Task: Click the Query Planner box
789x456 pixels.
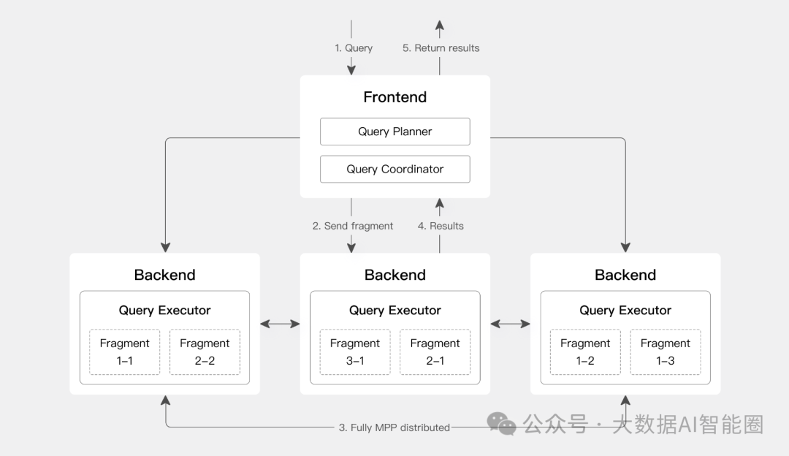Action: pyautogui.click(x=395, y=132)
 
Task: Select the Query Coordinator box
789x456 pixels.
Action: pyautogui.click(x=395, y=169)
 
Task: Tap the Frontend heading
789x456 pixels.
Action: pyautogui.click(x=395, y=96)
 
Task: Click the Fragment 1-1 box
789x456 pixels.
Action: pyautogui.click(x=125, y=351)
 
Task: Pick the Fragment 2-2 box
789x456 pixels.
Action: pyautogui.click(x=205, y=351)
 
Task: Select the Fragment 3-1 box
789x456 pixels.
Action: pyautogui.click(x=355, y=351)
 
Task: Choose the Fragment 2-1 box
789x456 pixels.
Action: pyautogui.click(x=435, y=351)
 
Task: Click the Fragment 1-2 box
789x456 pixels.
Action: pyautogui.click(x=585, y=351)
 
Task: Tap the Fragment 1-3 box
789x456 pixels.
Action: pyautogui.click(x=666, y=351)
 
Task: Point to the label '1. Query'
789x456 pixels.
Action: pyautogui.click(x=354, y=48)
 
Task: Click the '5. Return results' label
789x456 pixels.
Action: pyautogui.click(x=441, y=48)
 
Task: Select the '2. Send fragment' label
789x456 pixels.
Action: pyautogui.click(x=353, y=226)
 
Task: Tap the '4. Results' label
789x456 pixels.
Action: pyautogui.click(x=441, y=226)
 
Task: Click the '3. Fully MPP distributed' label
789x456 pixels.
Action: pyautogui.click(x=394, y=427)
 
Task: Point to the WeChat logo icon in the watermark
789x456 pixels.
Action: pyautogui.click(x=502, y=423)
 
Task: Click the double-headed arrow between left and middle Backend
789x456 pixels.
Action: pyautogui.click(x=280, y=324)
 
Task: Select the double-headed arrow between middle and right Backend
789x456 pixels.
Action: pyautogui.click(x=510, y=324)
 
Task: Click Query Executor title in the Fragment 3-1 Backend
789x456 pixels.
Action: pyautogui.click(x=395, y=310)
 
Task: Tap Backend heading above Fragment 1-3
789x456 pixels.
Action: pyautogui.click(x=625, y=275)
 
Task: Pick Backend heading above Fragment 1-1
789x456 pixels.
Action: pyautogui.click(x=164, y=275)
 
